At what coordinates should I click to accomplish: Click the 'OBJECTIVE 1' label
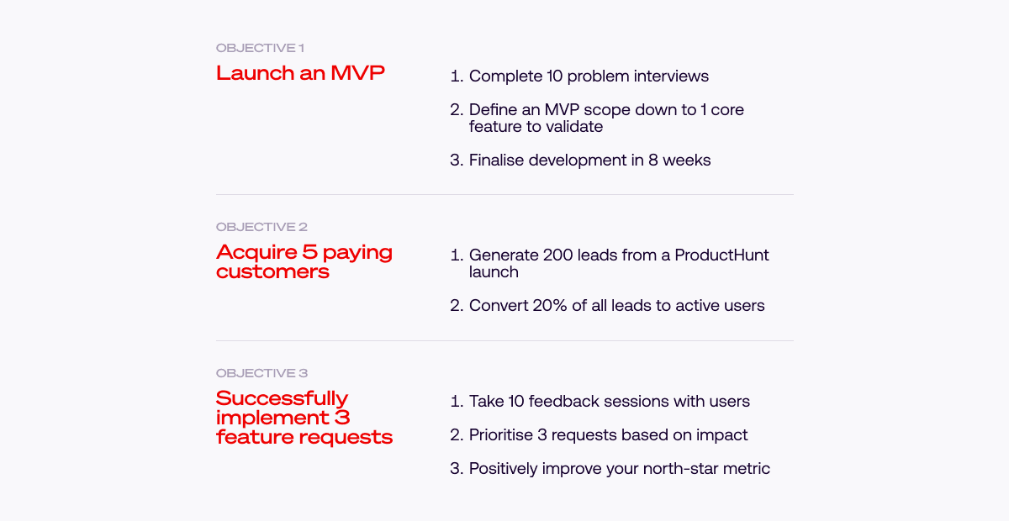260,48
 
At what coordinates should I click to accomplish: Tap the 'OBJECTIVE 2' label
261,227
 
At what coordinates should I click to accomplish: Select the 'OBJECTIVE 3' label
261,373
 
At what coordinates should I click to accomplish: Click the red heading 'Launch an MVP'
300,73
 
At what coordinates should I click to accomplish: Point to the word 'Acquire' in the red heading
256,253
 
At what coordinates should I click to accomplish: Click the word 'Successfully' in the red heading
282,399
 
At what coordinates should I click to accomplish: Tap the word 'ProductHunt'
721,255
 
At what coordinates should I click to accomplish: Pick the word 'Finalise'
496,160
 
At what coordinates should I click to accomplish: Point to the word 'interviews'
671,76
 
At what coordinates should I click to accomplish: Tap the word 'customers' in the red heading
273,272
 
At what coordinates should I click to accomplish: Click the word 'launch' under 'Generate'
494,272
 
